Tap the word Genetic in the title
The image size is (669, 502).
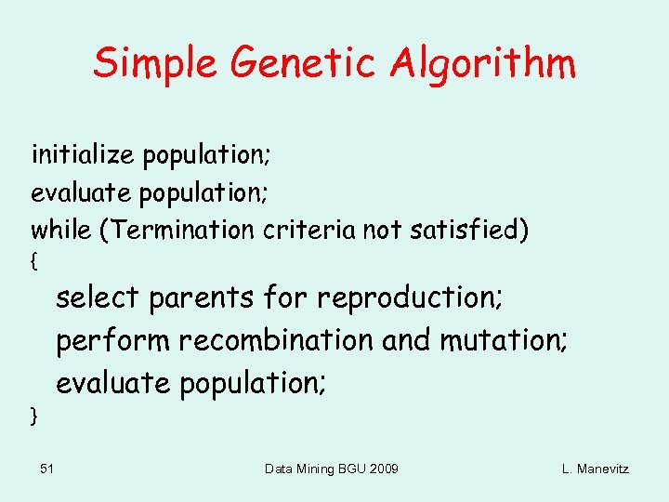[x=304, y=63]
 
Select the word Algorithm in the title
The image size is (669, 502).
[x=482, y=63]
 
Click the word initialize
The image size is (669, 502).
[x=83, y=153]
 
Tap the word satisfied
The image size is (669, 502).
[x=469, y=229]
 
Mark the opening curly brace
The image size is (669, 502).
[x=34, y=263]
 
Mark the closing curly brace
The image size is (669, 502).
[x=34, y=416]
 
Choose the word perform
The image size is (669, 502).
[x=112, y=342]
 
